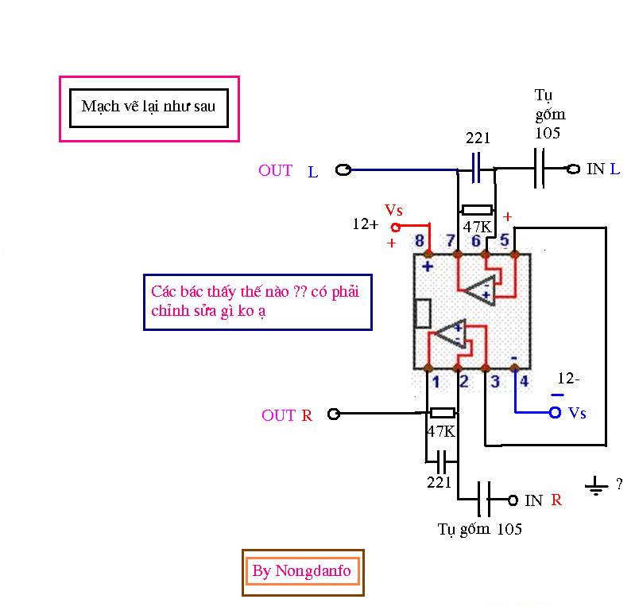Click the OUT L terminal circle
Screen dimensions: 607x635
[343, 169]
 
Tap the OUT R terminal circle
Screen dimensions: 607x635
[334, 414]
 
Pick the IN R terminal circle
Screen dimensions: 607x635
[513, 500]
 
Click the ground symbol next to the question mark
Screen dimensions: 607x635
[595, 486]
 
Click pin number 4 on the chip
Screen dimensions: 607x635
[524, 382]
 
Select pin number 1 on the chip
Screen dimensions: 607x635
[436, 382]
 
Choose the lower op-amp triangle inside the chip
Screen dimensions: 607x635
[450, 335]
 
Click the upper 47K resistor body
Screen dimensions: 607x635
[477, 210]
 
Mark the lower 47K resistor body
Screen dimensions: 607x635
[442, 413]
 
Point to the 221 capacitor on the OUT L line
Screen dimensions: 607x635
[477, 169]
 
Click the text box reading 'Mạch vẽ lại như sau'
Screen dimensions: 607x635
[149, 107]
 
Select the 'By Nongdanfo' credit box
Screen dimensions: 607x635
[302, 571]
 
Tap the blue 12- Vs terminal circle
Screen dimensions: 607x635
[555, 412]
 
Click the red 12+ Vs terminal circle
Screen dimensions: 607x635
[395, 227]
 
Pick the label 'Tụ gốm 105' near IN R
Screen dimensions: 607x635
[479, 528]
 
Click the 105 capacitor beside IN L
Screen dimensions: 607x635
[540, 169]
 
